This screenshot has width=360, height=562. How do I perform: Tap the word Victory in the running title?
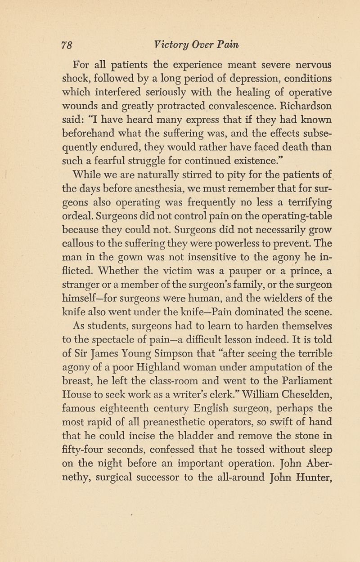(171, 45)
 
